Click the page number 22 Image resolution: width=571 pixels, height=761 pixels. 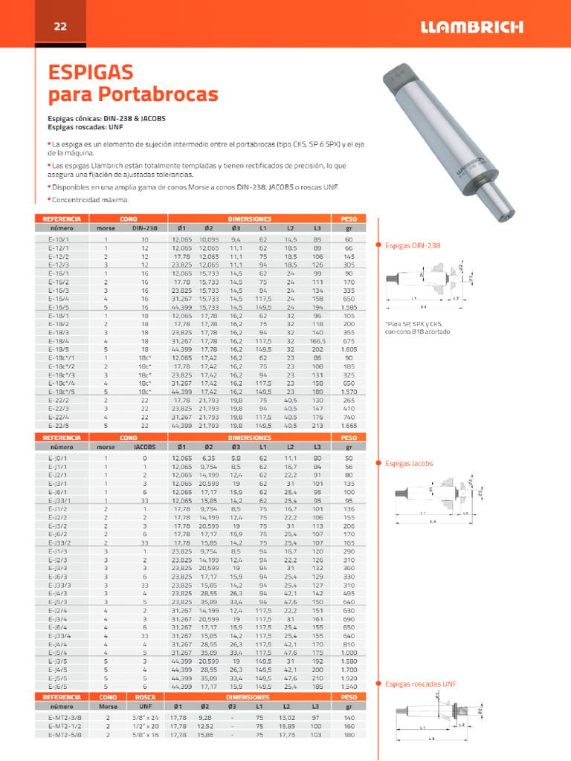(x=60, y=27)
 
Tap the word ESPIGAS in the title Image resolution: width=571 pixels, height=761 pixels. (x=90, y=72)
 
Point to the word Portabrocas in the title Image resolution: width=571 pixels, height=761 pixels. (x=159, y=95)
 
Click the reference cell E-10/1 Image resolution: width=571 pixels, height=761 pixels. (x=58, y=240)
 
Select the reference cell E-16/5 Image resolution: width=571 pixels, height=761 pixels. (x=58, y=306)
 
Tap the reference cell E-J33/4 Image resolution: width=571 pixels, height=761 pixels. (x=59, y=636)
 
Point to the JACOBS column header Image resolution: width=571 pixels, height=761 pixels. (x=144, y=447)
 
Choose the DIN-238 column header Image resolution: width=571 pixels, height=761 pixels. (x=145, y=229)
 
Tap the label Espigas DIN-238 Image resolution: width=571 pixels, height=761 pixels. (x=413, y=245)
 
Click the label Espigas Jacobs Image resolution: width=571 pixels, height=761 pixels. (x=408, y=463)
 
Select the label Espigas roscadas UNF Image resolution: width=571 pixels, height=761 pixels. (x=421, y=683)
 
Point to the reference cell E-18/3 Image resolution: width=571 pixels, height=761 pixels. (x=58, y=333)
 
